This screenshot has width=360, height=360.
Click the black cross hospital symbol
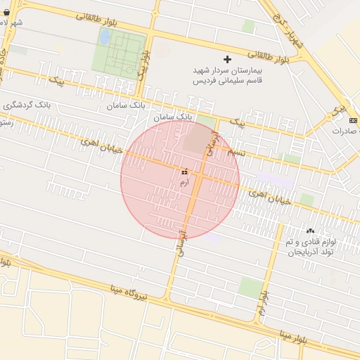[x=226, y=60]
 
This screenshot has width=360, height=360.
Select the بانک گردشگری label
[x=27, y=105]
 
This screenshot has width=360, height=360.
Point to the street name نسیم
[x=237, y=151]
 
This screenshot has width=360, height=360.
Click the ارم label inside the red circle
[x=184, y=182]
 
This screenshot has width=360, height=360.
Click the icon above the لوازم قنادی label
[x=310, y=231]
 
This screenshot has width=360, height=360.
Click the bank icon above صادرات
[x=352, y=121]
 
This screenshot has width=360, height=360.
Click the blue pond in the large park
[x=104, y=37]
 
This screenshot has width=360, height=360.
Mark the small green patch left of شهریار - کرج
[x=248, y=26]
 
